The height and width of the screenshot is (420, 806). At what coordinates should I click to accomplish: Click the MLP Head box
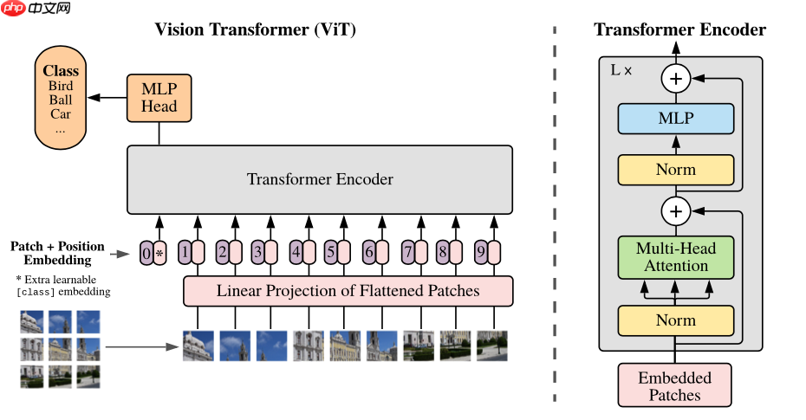159,97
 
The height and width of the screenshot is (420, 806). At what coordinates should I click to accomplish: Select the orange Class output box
61,99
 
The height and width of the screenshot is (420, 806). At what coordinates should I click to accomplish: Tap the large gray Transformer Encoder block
320,179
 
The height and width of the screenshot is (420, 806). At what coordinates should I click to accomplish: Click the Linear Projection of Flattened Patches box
348,291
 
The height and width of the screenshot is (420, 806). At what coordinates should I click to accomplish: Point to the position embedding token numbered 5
330,253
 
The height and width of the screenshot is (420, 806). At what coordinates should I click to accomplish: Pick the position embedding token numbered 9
481,253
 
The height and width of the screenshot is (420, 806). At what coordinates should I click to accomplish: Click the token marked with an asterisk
159,253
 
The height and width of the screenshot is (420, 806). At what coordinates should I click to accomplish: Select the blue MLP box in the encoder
675,118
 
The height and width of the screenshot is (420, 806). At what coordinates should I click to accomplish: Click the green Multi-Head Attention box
675,257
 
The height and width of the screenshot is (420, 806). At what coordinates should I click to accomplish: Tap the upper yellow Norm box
675,170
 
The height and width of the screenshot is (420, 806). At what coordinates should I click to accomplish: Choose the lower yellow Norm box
675,320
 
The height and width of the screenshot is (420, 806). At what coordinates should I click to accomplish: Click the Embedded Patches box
674,386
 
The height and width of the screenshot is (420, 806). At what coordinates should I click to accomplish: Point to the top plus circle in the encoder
675,79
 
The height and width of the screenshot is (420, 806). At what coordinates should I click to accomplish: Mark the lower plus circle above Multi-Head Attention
675,210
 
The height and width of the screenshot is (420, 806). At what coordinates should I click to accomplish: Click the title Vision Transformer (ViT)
255,29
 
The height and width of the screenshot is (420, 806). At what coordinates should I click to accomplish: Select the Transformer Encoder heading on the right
679,29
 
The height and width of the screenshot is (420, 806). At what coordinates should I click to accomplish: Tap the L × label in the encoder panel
621,70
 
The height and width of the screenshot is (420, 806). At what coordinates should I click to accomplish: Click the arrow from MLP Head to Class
107,97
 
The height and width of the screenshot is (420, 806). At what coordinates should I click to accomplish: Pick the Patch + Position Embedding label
57,253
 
